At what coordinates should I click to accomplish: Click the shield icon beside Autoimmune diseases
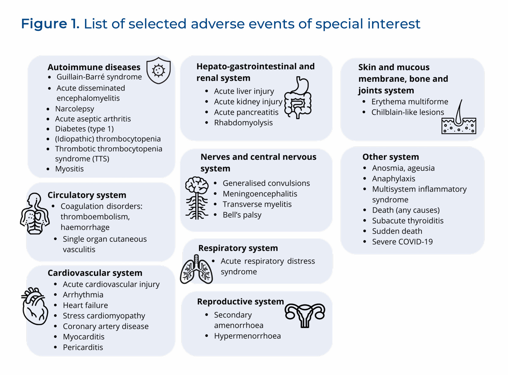(x=158, y=71)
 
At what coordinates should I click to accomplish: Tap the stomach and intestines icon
(x=298, y=98)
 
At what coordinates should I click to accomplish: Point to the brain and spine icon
(x=196, y=198)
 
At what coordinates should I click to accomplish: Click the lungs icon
(x=196, y=269)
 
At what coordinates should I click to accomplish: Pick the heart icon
(x=35, y=306)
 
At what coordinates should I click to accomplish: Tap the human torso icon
(x=35, y=214)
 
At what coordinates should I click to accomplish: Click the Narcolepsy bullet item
(x=75, y=109)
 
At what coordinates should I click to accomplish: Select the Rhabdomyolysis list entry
(x=243, y=123)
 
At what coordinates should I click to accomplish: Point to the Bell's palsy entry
(x=242, y=215)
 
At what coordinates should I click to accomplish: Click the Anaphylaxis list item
(x=394, y=179)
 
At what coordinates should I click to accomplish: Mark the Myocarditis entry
(x=84, y=337)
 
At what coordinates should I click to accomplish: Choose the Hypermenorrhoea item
(x=247, y=336)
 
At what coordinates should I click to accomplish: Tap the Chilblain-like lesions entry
(x=408, y=112)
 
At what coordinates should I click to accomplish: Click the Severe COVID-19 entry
(x=402, y=242)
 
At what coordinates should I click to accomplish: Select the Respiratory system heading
(x=238, y=248)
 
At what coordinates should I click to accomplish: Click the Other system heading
(x=391, y=157)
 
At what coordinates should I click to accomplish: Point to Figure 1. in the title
(x=50, y=24)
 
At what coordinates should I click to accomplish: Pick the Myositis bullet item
(x=69, y=169)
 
